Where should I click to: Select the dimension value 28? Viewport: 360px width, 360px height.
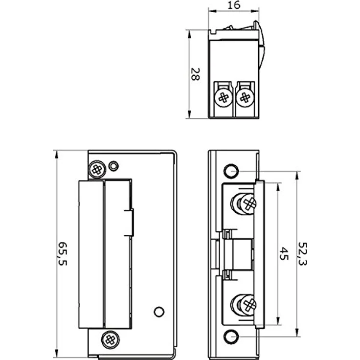point(194,74)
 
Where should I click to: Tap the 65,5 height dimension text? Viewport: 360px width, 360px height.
point(62,253)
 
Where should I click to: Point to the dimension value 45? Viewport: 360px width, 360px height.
point(284,254)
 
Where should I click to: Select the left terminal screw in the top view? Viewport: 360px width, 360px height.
point(224,97)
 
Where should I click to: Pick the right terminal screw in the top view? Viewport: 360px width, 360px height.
point(245,97)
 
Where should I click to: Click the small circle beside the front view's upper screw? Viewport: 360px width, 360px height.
point(113,166)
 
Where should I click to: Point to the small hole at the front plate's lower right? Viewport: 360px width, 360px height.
point(158,311)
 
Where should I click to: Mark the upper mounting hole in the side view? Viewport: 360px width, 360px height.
point(230,171)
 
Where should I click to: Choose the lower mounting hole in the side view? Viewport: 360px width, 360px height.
point(230,337)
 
